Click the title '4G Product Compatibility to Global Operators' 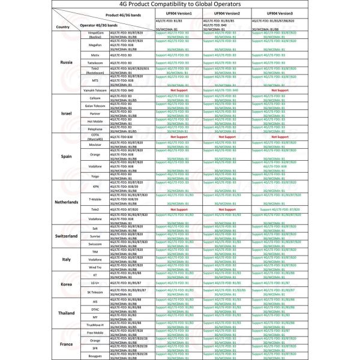coord(180,5)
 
